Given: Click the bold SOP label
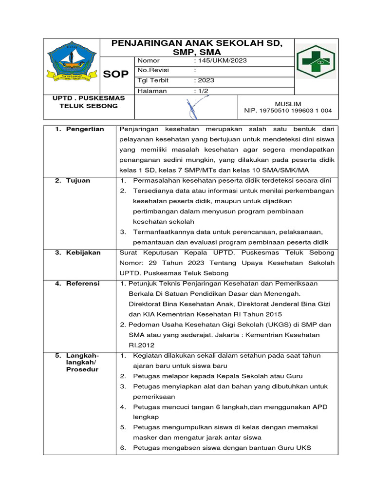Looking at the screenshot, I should (x=116, y=74).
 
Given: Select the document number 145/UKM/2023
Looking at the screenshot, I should (x=220, y=60).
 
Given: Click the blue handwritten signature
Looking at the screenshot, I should (x=192, y=108).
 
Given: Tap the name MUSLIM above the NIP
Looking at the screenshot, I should (x=288, y=104).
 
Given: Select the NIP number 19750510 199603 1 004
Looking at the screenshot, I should (x=288, y=111).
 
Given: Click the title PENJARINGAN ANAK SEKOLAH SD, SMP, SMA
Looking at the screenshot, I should (x=197, y=47).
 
